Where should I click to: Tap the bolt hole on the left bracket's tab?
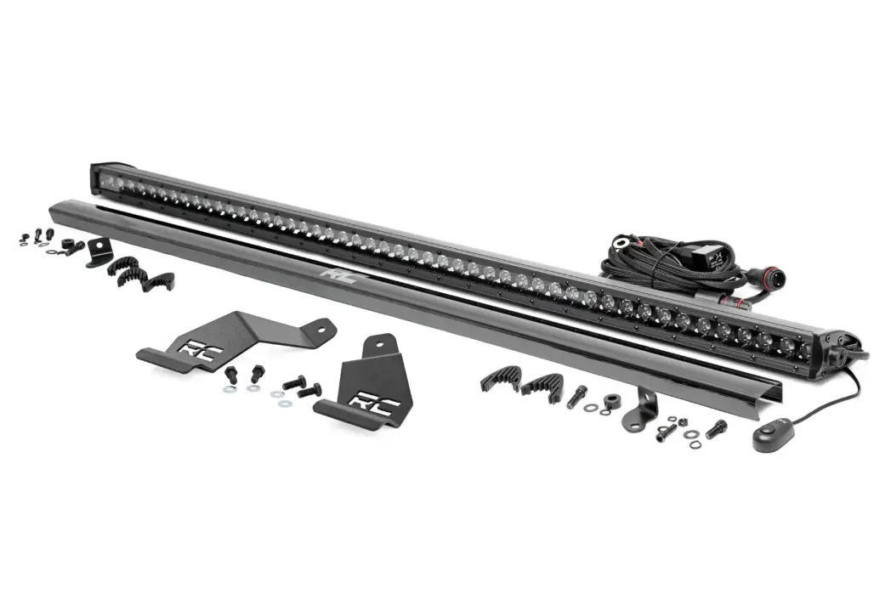[x=322, y=328]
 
